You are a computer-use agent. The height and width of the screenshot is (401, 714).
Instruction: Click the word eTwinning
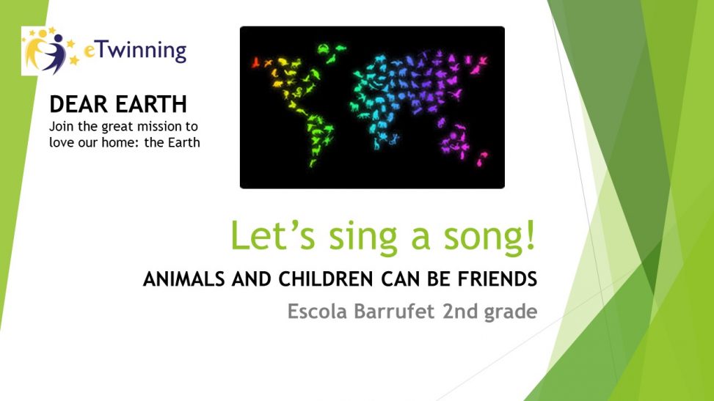pyautogui.click(x=134, y=51)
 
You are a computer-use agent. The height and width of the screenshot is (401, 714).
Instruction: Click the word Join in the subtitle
pyautogui.click(x=61, y=126)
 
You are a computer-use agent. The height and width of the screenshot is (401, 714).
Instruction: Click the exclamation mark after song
pyautogui.click(x=530, y=233)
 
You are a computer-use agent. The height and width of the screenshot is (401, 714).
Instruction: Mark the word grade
pyautogui.click(x=511, y=313)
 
